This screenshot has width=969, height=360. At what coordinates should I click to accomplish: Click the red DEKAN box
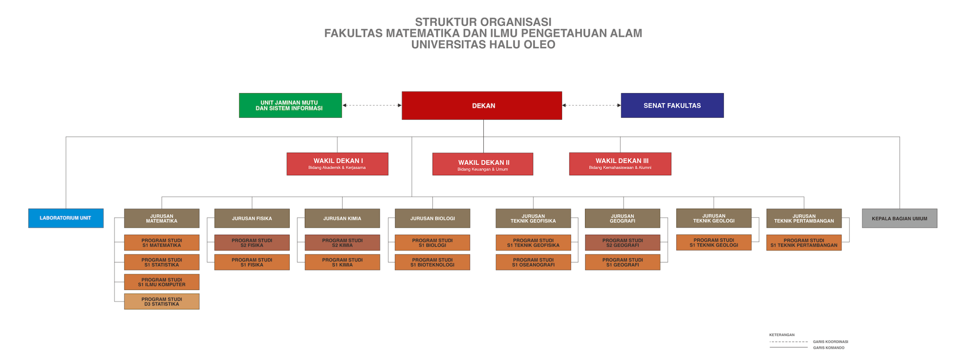[x=481, y=105]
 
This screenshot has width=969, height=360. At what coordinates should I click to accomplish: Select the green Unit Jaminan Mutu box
[x=290, y=105]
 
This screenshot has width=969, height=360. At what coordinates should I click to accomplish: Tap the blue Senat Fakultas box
[x=672, y=105]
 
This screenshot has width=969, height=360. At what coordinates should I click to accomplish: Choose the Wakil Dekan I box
[x=337, y=164]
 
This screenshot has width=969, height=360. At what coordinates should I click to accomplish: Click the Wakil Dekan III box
[x=620, y=164]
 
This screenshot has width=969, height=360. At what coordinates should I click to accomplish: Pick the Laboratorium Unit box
[x=65, y=218]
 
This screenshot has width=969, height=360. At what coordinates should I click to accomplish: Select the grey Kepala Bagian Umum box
[x=899, y=218]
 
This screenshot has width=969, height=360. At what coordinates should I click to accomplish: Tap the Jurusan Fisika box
[x=252, y=218]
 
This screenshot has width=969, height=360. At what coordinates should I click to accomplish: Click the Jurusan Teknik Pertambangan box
[x=804, y=218]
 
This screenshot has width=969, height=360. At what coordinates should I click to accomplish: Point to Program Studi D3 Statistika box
[x=162, y=301]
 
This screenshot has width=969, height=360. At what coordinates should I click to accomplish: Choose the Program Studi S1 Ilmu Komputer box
[x=162, y=282]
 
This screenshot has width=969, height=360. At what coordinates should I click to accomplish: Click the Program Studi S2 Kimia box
[x=342, y=242]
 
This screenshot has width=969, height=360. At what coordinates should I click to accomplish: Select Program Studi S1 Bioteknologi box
[x=432, y=262]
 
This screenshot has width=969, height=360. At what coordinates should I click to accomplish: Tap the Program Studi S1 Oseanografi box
[x=533, y=262]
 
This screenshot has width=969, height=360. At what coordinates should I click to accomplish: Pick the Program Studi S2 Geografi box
[x=622, y=242]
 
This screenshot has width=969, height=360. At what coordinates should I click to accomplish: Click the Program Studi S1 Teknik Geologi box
[x=714, y=242]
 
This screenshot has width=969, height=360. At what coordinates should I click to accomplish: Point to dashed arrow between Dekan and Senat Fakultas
[x=591, y=105]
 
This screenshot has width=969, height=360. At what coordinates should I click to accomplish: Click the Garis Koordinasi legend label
[x=830, y=341]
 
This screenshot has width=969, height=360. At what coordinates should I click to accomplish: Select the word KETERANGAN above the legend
[x=782, y=335]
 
